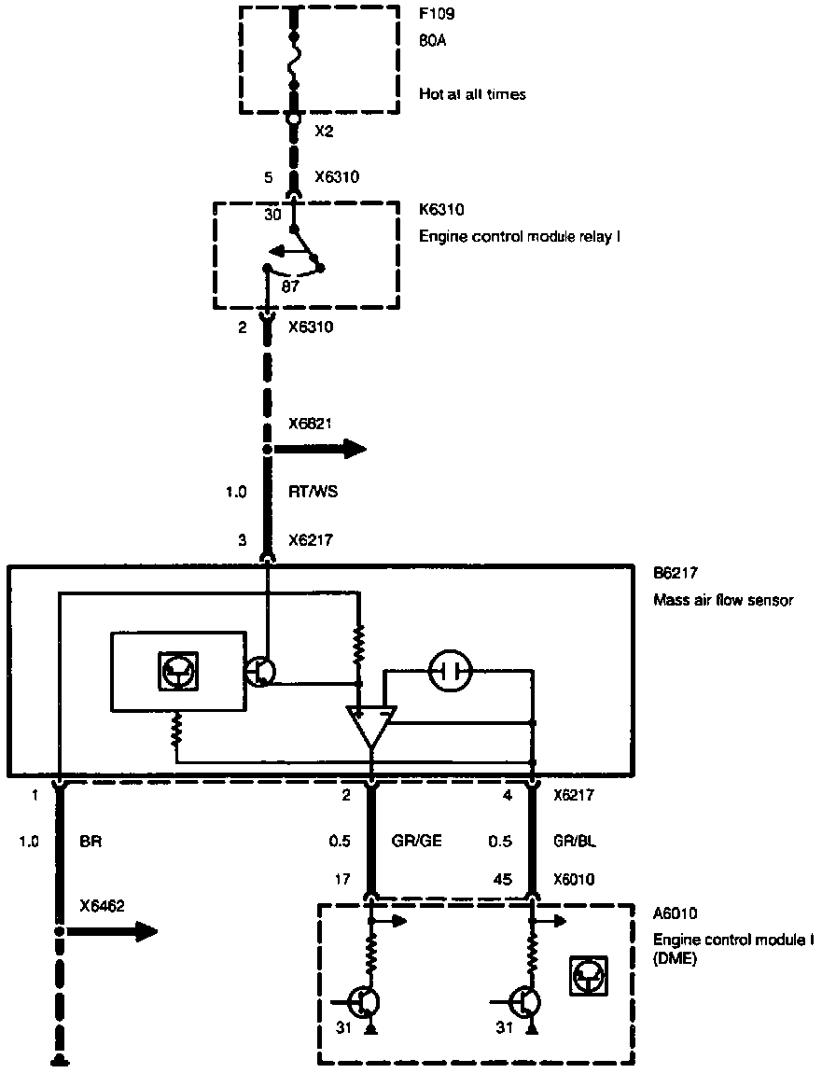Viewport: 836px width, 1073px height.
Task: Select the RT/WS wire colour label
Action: pyautogui.click(x=313, y=491)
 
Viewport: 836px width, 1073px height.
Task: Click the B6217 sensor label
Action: pyautogui.click(x=676, y=576)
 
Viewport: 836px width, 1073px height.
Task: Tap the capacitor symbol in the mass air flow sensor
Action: pyautogui.click(x=451, y=669)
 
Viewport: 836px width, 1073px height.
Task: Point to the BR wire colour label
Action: pyautogui.click(x=91, y=841)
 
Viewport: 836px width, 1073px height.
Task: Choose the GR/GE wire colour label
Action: pyautogui.click(x=416, y=841)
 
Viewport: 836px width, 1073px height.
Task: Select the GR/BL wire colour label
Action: pyautogui.click(x=575, y=841)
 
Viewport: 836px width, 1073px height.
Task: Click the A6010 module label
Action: pyautogui.click(x=676, y=915)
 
